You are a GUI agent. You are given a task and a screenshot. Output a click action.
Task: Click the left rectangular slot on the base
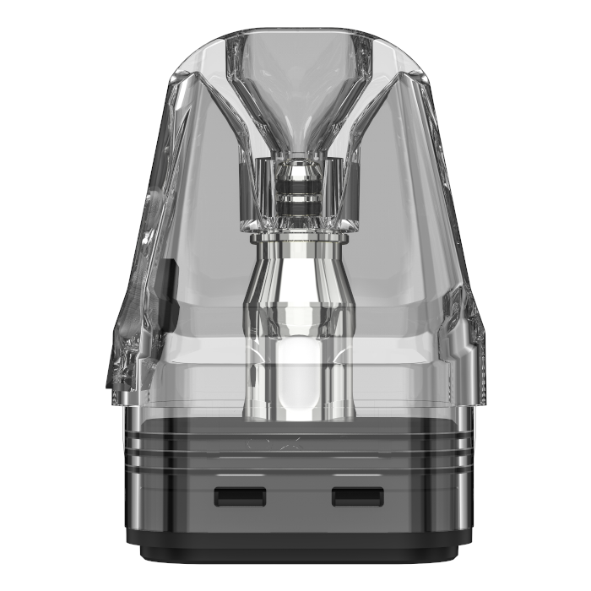tap(241, 496)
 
